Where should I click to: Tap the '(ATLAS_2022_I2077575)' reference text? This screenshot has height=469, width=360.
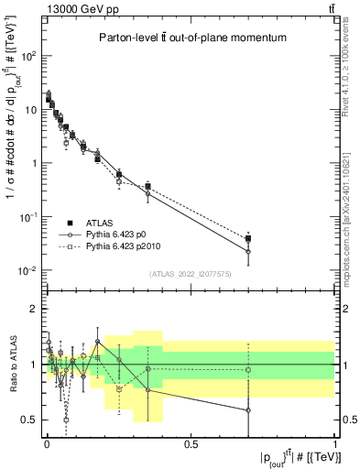point(190,274)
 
